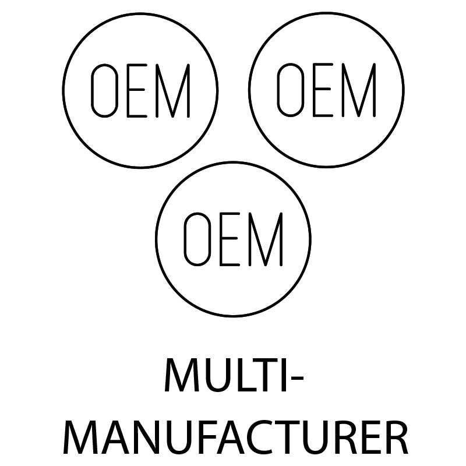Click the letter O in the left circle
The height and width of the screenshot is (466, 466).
[x=91, y=90]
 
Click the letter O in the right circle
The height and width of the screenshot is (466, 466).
[x=278, y=90]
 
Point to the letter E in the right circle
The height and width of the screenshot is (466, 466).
[x=314, y=90]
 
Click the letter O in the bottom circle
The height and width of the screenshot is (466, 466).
[x=185, y=239]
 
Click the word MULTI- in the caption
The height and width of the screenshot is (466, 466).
[x=234, y=375]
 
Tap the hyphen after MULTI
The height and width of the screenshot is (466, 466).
[x=296, y=379]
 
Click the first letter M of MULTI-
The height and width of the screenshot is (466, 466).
[x=182, y=375]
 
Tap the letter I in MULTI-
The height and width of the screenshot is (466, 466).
[x=284, y=375]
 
